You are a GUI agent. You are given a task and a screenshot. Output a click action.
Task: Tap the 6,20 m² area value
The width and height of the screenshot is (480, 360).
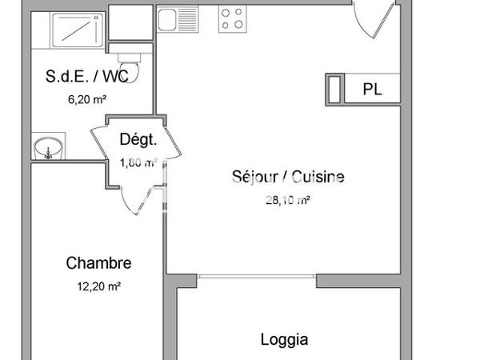click(88, 100)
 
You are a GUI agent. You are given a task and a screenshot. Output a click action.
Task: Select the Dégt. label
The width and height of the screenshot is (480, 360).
click(138, 139)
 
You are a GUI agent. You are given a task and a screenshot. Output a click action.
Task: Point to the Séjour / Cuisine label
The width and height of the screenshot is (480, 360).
click(287, 177)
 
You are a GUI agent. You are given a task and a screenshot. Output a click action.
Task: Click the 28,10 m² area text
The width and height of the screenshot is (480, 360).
click(287, 202)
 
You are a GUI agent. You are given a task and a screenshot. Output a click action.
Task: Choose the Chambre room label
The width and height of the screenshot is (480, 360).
click(98, 262)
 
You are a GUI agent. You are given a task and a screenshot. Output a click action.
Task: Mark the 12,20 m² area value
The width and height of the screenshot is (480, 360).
click(98, 286)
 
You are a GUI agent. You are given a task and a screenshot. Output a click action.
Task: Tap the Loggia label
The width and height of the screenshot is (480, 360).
click(284, 339)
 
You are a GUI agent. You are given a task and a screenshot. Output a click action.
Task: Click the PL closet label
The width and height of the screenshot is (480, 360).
click(372, 89)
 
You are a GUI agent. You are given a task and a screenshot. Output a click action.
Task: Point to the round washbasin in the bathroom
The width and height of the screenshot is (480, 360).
click(47, 149)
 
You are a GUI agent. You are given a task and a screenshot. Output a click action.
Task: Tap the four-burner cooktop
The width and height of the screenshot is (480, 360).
click(232, 18)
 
